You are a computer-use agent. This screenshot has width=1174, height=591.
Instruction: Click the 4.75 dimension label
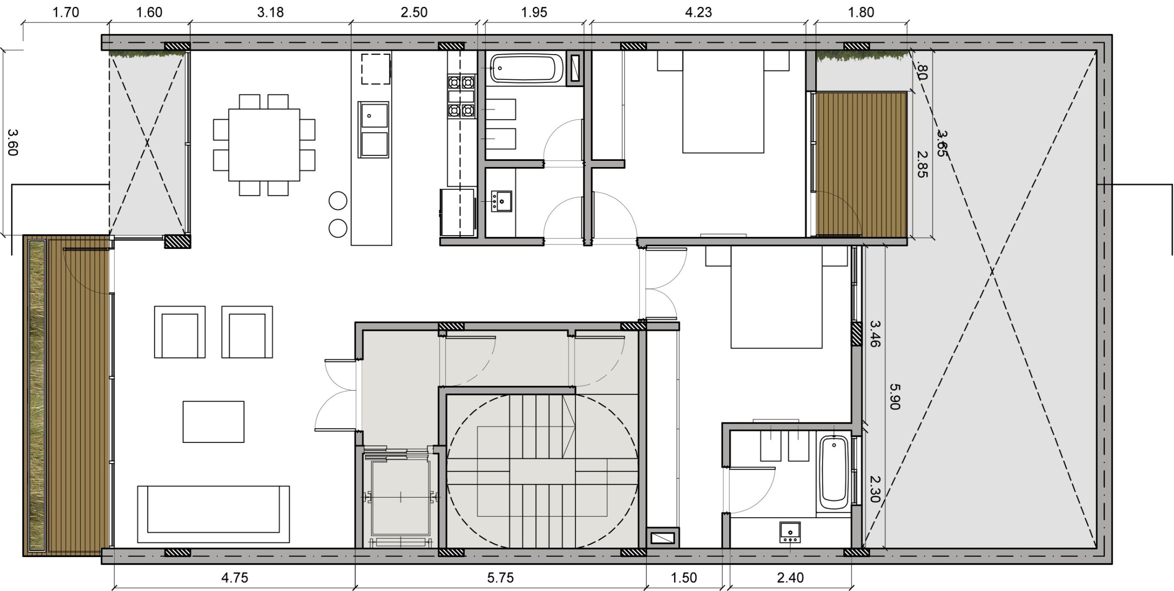234,577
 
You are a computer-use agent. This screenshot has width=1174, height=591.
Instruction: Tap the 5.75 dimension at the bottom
500,577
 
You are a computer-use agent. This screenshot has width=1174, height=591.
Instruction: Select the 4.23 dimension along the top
698,12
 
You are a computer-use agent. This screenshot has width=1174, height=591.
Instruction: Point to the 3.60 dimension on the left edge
13,142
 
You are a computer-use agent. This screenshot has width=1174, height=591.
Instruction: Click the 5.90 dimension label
895,397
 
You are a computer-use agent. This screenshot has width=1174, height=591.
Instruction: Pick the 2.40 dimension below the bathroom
791,577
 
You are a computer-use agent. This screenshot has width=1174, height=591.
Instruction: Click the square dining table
264,145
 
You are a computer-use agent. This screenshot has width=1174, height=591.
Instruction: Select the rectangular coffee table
213,422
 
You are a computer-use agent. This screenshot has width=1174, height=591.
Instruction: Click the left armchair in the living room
180,332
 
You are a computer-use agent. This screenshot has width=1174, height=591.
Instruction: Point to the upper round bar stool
338,201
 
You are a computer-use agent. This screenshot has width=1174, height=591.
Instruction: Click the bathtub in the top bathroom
526,69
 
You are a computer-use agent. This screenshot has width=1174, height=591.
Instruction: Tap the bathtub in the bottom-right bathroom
834,473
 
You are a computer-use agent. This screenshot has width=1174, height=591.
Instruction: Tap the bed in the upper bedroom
723,102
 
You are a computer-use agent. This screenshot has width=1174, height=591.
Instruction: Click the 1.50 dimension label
684,577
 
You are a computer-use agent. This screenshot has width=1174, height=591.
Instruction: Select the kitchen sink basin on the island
374,115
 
